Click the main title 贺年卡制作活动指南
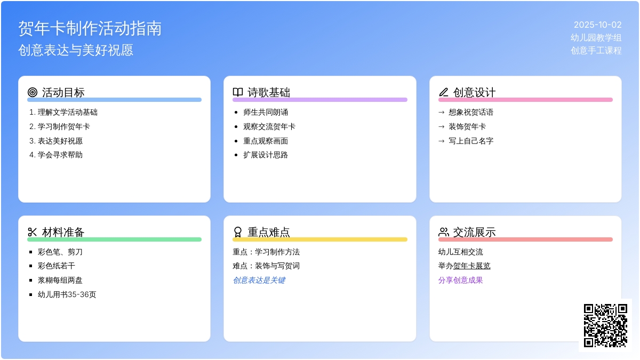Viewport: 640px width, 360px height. coord(90,29)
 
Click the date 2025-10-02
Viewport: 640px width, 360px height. coord(598,25)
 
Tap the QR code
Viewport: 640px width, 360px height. coord(605,325)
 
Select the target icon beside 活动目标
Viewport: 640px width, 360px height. coord(33,92)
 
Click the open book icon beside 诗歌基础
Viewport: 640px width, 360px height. coord(238,92)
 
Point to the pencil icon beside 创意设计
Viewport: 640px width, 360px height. coord(443,92)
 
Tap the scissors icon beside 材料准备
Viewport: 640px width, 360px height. coord(33,232)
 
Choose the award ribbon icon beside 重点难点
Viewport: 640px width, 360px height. coord(238,232)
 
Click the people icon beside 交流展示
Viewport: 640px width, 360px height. coord(443,232)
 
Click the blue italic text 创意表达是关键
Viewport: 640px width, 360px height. coord(259,281)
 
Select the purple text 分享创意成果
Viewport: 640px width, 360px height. coord(461,281)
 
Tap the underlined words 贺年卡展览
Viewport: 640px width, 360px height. coord(471,266)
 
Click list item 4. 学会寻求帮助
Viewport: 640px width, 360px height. coord(56,155)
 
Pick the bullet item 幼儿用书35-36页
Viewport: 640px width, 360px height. coord(67,294)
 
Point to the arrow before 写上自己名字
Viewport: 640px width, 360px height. coord(442,141)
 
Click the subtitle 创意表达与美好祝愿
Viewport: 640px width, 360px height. coord(76,50)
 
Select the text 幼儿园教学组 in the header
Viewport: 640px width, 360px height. coord(596,37)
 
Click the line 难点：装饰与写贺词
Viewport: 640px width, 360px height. coord(266,266)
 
